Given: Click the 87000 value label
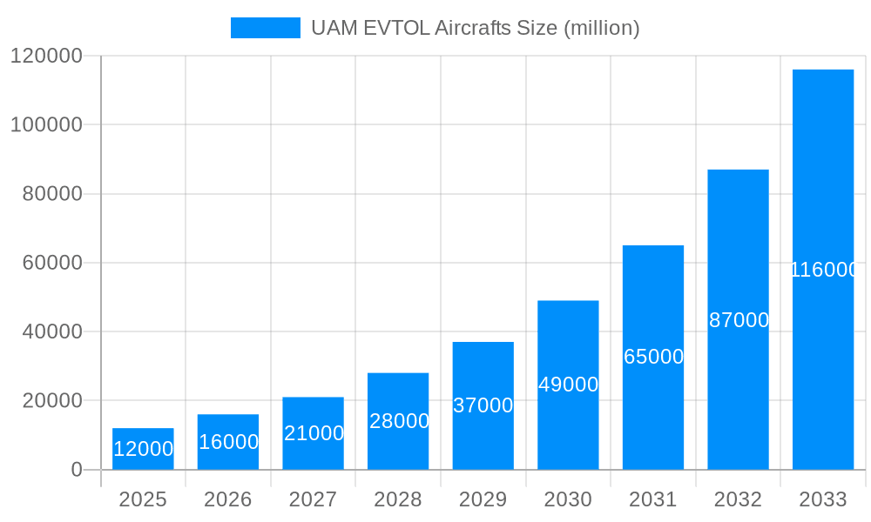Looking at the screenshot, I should coord(739,320).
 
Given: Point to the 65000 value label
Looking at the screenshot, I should coord(654,357).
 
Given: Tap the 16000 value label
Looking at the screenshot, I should coord(228,442).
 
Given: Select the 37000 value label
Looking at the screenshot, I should coord(483,405).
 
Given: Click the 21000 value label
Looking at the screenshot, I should coord(314,433).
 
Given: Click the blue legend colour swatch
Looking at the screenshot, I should coord(265,28).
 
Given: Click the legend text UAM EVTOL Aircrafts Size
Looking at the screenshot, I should coord(476,28).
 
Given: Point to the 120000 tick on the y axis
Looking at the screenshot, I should coord(45,56).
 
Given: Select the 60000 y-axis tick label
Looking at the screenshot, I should coord(51,263).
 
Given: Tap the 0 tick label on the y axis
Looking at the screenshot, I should coord(76,470).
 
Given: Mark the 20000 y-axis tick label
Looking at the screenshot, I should coord(51,401).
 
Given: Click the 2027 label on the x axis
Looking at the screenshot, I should coord(313,499).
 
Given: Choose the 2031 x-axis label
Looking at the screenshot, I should coord(653,499).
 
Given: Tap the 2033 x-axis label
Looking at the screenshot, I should coord(823,499).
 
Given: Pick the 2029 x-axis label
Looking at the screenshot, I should coord(483,499).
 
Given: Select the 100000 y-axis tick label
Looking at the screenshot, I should coord(45,124).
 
